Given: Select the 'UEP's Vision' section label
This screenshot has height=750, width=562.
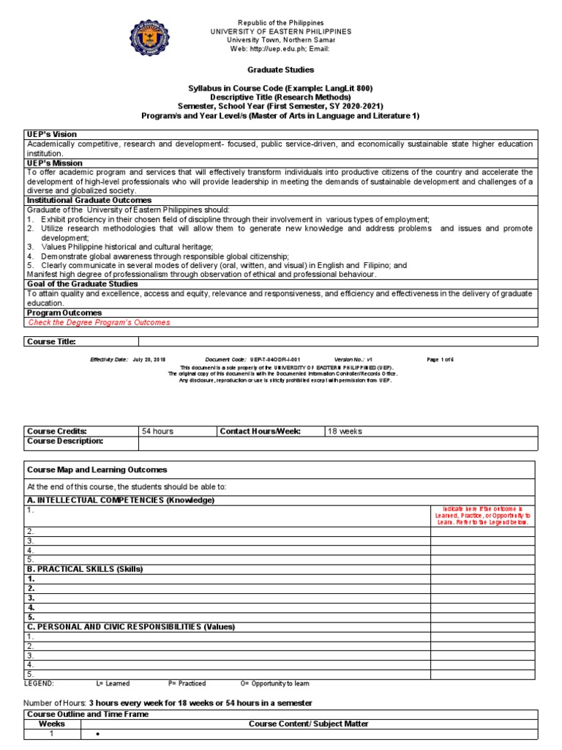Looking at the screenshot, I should (x=52, y=135).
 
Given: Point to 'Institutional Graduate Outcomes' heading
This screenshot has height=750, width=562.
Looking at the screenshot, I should (x=89, y=200).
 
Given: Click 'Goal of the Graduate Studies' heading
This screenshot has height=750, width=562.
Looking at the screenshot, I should (x=82, y=283).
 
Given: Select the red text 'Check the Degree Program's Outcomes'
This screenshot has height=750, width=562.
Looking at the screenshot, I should (x=99, y=322).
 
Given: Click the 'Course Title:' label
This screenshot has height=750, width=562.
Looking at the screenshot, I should (x=51, y=341).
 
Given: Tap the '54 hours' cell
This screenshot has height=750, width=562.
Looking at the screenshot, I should (x=157, y=431).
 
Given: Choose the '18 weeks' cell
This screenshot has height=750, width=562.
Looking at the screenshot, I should (x=345, y=431).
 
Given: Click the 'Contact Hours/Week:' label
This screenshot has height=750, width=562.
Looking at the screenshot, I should (x=261, y=431).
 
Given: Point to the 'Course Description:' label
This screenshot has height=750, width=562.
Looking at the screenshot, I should (x=66, y=441).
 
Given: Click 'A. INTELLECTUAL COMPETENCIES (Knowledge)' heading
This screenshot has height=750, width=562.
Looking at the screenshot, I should (x=121, y=500).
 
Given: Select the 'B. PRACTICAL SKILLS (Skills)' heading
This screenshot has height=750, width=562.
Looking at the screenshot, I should (x=85, y=568).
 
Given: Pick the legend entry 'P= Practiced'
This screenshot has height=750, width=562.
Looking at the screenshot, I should (x=187, y=683).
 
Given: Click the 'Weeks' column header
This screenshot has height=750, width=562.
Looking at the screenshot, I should (x=52, y=724).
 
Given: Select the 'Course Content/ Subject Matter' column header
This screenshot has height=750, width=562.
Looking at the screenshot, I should (x=309, y=724).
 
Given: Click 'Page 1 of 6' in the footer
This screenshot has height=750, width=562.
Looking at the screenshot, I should (x=441, y=360).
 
